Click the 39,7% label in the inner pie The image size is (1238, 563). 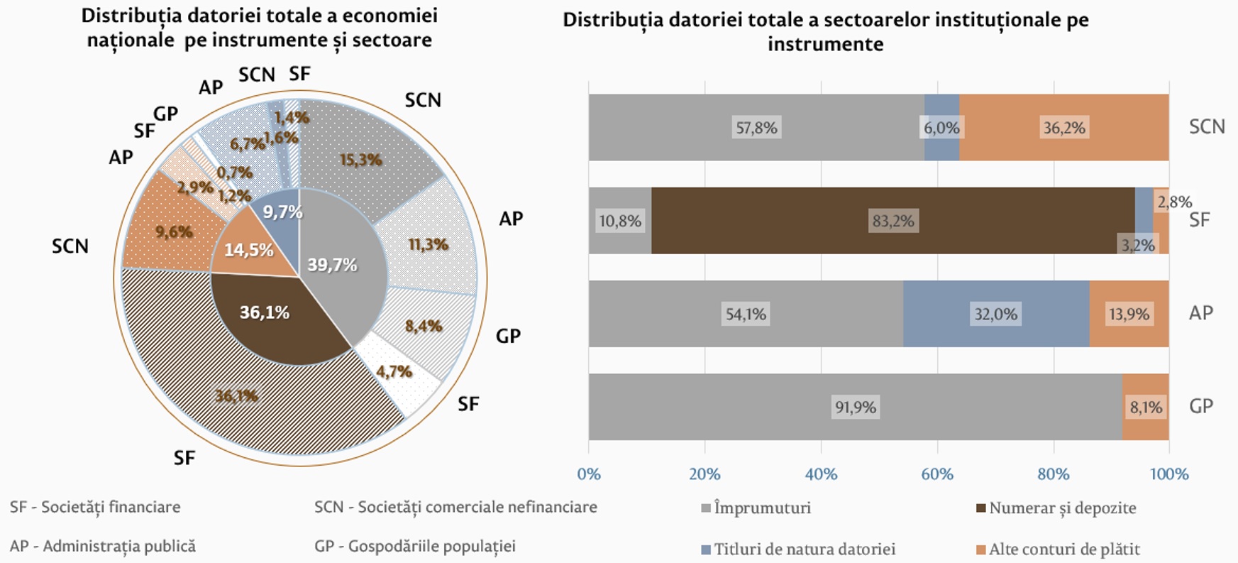coord(332,266)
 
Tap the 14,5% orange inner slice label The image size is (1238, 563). coord(248,250)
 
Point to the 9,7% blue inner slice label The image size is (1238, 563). coord(282,212)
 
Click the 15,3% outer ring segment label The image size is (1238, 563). coord(360,160)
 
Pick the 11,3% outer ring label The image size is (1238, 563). coord(428,245)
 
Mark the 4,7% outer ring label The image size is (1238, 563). coord(394,371)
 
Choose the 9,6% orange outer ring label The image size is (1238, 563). coord(174,232)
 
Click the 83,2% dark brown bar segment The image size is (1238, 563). coord(892,221)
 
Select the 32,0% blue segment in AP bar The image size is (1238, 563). coord(995,314)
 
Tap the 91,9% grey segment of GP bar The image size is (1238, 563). coord(855,407)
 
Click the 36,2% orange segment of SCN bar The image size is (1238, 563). coord(1063,128)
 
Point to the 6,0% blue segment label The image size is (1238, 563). coord(941,128)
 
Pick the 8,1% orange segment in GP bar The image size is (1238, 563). coord(1146,407)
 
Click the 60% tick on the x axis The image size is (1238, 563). coord(937,474)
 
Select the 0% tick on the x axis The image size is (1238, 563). coord(589,474)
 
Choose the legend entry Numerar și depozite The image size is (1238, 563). coord(1062,508)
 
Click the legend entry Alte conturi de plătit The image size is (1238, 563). coord(1063,549)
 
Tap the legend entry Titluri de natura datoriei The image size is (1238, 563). coord(804,549)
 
